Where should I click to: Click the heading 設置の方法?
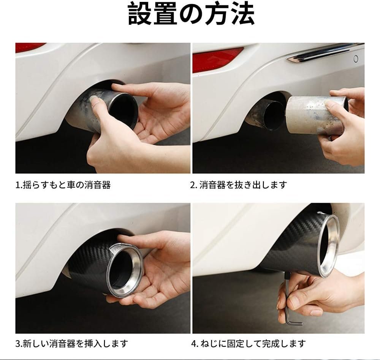[x=191, y=14]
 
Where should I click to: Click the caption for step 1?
[x=63, y=185]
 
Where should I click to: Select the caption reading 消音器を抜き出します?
[x=243, y=185]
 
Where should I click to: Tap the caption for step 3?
[x=71, y=344]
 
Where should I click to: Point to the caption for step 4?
[x=249, y=344]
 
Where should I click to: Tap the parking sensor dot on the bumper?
[x=356, y=58]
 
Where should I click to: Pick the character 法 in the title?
[x=243, y=14]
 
